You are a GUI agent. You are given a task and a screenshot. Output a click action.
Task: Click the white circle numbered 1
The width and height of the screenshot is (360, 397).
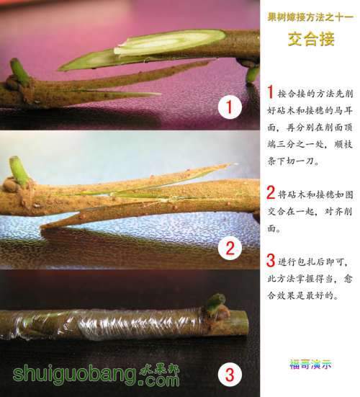(x=230, y=107)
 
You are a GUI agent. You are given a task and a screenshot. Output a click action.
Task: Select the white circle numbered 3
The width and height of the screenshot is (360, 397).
(x=230, y=375)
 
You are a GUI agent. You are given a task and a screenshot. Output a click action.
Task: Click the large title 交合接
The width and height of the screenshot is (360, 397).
(x=312, y=39)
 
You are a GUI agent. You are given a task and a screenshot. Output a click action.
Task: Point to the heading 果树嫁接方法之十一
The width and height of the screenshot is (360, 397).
(x=310, y=17)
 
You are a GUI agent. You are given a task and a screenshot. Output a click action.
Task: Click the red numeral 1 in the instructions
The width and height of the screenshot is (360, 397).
(x=271, y=92)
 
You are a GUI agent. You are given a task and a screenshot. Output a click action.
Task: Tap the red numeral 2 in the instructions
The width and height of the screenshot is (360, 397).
(x=271, y=192)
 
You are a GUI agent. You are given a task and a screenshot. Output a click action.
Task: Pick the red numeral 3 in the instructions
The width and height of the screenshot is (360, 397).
(x=271, y=260)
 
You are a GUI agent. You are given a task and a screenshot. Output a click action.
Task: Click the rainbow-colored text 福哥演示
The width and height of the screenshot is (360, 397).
(x=310, y=364)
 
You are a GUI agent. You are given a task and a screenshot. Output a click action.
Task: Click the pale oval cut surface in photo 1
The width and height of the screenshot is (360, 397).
(x=170, y=43)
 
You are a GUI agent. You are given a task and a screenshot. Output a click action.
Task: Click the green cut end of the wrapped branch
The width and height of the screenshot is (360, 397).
(x=243, y=323)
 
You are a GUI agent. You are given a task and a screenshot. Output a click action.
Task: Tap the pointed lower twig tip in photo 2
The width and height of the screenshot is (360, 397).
(x=42, y=226)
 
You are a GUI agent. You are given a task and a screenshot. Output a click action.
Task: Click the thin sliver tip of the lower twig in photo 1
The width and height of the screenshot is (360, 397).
(x=159, y=94)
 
